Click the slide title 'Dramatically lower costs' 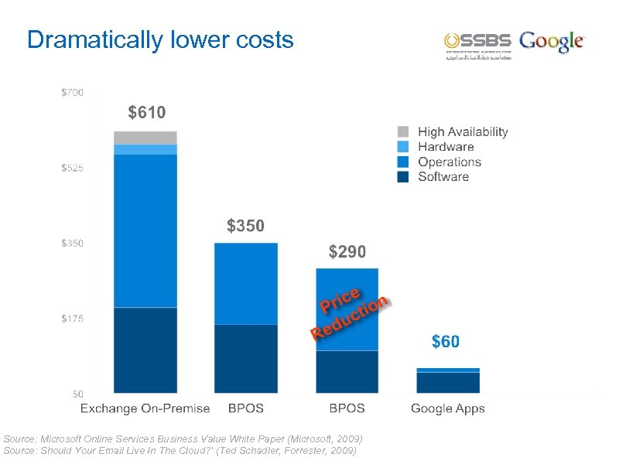tap(160, 39)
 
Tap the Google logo tap(552, 42)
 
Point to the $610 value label tap(146, 113)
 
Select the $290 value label tap(347, 252)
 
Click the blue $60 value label tap(445, 341)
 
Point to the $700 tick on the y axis tap(73, 92)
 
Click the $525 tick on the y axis tap(73, 168)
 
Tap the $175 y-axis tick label tap(73, 319)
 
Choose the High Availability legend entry tap(462, 132)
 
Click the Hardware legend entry tap(445, 147)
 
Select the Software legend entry tap(443, 177)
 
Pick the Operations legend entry tap(449, 162)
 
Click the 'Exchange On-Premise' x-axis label tap(145, 408)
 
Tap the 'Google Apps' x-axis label tap(447, 408)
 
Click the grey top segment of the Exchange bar tap(145, 138)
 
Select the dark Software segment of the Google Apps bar tap(448, 383)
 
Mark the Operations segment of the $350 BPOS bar tap(246, 284)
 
